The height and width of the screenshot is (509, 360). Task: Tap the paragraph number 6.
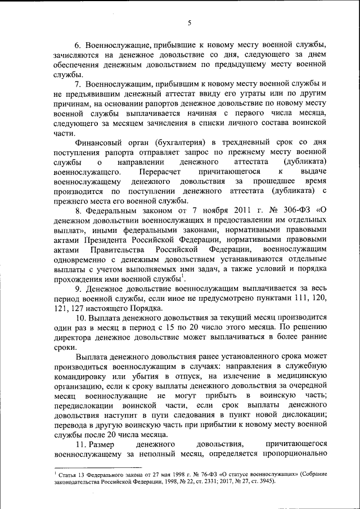79,44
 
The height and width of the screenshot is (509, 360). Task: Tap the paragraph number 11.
82,444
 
